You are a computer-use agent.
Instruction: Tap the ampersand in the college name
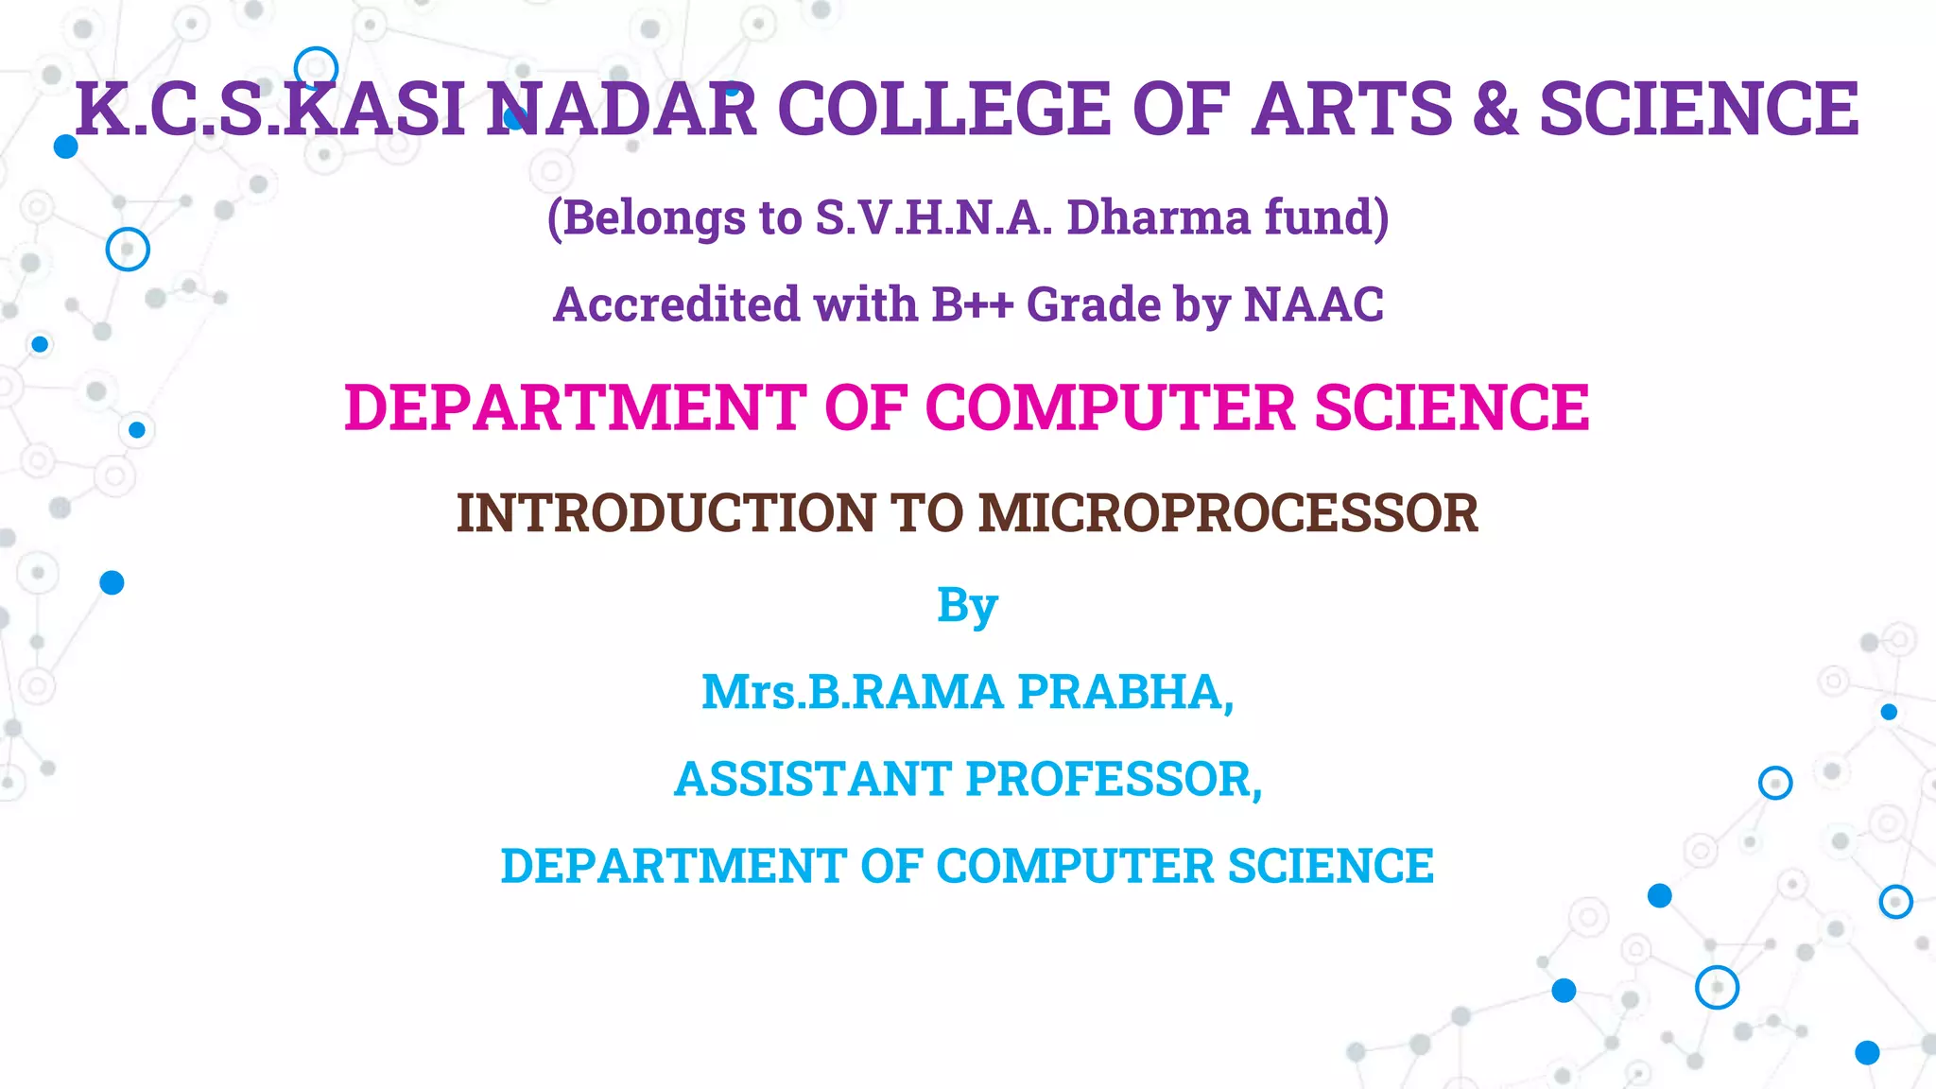coord(1495,109)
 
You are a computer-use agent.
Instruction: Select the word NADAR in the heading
coord(622,109)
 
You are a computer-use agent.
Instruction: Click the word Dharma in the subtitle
coord(1158,217)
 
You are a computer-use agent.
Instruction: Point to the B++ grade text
coord(972,304)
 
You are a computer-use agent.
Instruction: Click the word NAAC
coord(1313,304)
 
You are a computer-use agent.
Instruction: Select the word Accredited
coord(676,304)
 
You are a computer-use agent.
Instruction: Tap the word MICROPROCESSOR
coord(1228,513)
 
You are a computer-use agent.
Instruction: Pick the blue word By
coord(967,606)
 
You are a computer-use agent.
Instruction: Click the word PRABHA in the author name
coord(1125,692)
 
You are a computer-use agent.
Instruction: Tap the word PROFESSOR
coord(1114,779)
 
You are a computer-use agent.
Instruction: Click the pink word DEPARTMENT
coord(575,407)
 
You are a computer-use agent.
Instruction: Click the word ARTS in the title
coord(1352,109)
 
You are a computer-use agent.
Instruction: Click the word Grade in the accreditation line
coord(1094,304)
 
